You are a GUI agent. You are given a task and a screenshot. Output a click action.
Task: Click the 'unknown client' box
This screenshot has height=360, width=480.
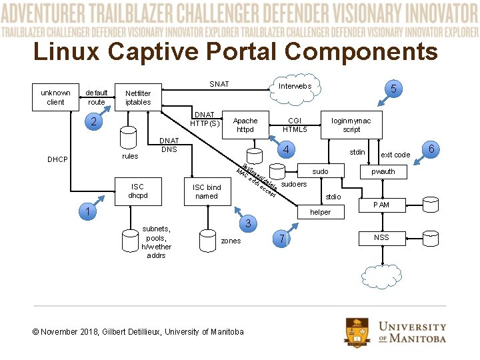point(55,97)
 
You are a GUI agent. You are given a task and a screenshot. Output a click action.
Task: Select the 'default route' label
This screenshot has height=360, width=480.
point(97,97)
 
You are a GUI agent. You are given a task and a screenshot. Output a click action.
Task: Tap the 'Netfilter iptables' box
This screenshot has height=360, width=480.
point(138,98)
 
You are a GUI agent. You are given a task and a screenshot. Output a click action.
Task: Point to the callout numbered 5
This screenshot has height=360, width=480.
point(394,89)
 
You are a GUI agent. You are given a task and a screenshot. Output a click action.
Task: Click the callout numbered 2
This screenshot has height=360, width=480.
point(94,123)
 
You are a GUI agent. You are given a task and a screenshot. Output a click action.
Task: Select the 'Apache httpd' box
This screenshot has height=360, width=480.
point(245,125)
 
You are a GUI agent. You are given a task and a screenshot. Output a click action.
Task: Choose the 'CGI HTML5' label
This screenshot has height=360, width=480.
point(295,125)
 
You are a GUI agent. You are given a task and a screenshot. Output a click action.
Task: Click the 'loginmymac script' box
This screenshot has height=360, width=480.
point(351,125)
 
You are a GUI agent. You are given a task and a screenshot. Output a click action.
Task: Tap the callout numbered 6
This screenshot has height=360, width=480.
point(431,150)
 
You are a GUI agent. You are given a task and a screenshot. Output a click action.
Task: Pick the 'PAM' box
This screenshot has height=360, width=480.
point(381,205)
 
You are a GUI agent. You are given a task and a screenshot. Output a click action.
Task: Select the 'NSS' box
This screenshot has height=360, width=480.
point(381,237)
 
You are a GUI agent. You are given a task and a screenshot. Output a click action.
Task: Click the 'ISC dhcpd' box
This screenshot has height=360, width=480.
point(137,191)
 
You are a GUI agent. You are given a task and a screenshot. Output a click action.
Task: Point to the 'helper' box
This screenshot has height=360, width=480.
point(320,212)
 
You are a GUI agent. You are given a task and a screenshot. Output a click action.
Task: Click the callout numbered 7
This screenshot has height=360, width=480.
point(282,239)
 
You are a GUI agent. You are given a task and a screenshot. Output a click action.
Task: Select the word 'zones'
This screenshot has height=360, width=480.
point(231,241)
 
